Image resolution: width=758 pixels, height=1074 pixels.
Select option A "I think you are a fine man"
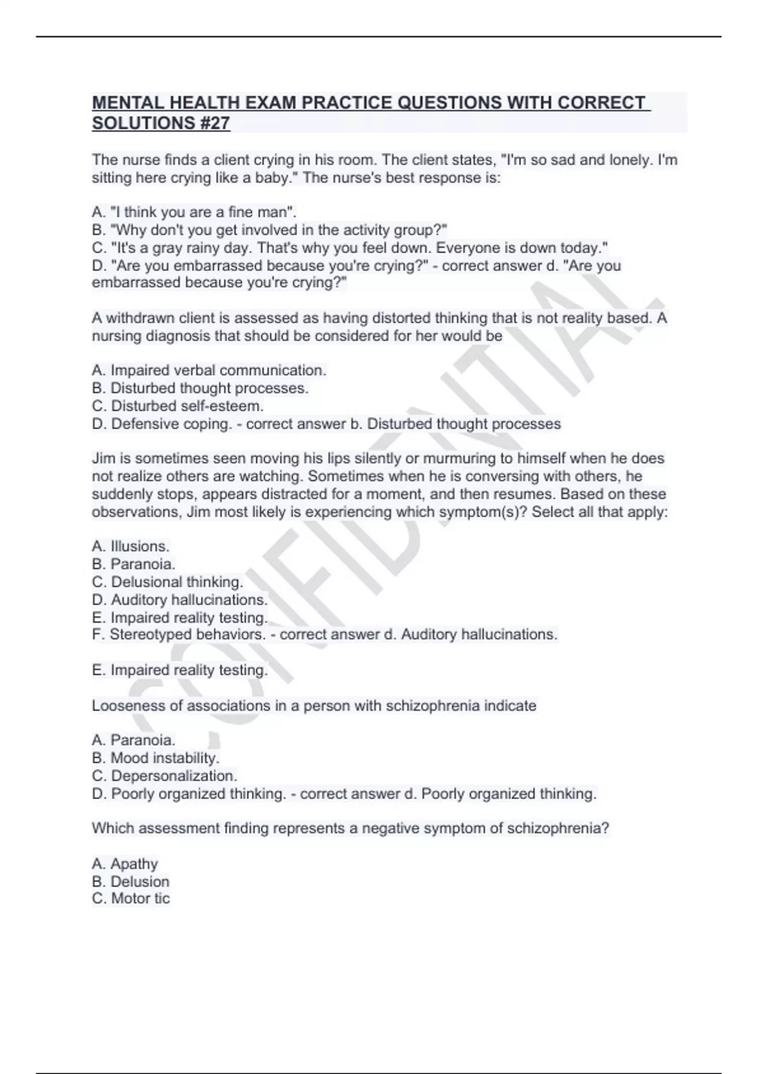pos(194,212)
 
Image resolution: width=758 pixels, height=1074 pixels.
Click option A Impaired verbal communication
pos(209,370)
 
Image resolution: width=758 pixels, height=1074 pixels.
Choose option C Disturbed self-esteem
pos(177,406)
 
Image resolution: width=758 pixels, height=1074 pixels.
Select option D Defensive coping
pos(162,423)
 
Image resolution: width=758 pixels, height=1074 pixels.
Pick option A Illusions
pos(131,546)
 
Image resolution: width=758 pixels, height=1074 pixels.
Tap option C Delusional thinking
pos(167,582)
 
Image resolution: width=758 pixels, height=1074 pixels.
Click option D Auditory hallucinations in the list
pos(180,600)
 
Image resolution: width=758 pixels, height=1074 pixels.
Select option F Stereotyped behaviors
pos(179,634)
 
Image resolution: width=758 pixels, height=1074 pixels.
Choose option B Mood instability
pos(155,757)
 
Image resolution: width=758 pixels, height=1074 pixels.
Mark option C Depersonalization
pos(164,775)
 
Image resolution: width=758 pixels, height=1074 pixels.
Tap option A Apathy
pos(125,864)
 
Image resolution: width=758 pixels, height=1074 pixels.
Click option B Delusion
pos(131,881)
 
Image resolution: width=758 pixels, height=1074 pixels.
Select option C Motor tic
pos(131,898)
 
